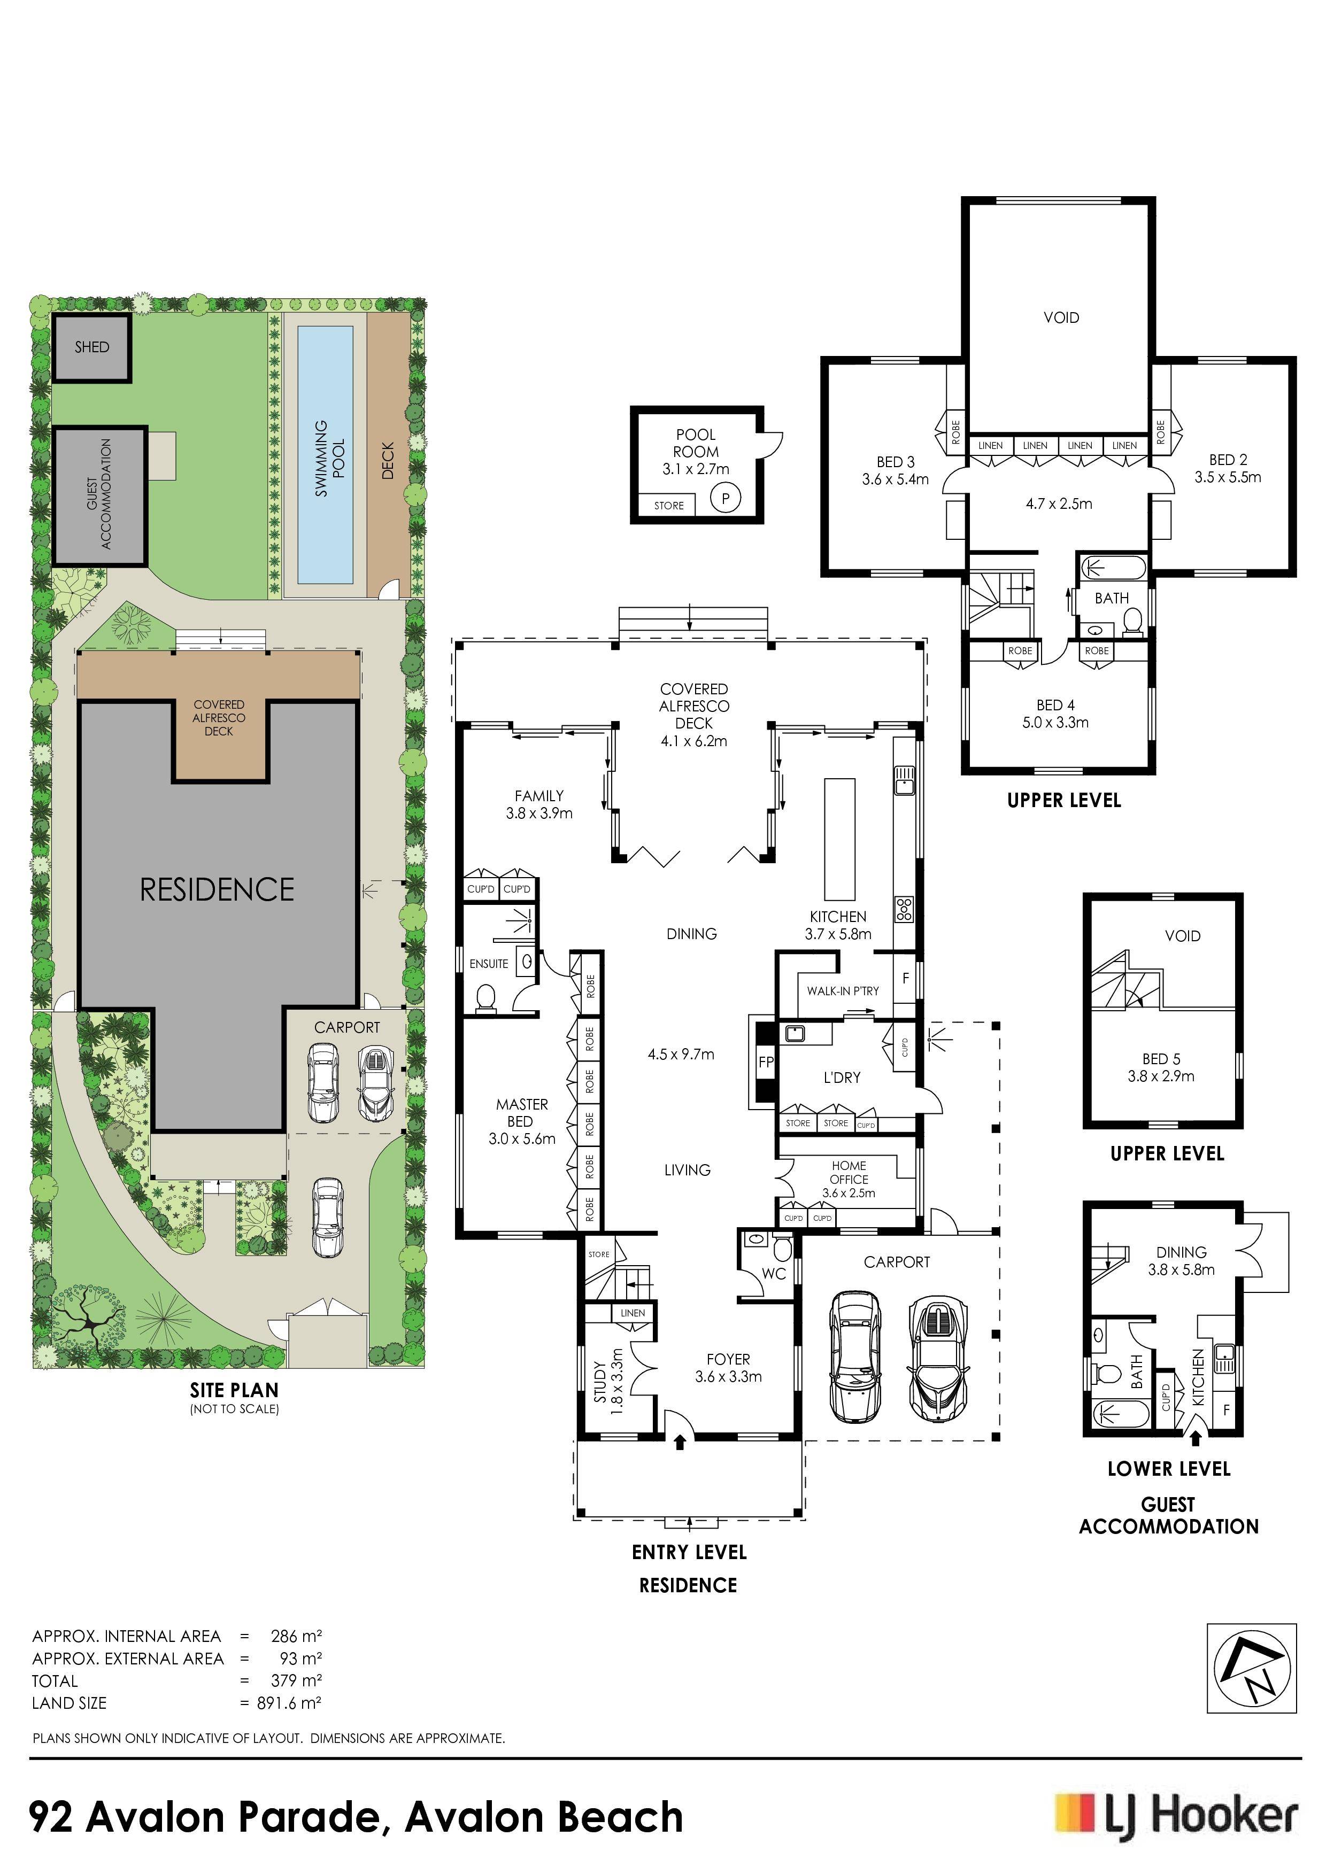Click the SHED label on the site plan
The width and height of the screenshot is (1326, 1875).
[91, 347]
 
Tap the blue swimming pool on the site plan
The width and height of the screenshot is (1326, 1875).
[325, 455]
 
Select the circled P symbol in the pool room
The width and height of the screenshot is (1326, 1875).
[724, 497]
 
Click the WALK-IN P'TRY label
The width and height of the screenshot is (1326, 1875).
[842, 990]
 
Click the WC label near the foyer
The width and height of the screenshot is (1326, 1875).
[773, 1273]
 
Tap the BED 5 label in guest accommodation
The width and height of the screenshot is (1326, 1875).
[1161, 1059]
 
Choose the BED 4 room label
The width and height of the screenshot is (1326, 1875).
[1055, 705]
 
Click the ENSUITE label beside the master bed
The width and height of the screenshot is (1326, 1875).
[489, 964]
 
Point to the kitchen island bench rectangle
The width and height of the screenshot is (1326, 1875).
[839, 838]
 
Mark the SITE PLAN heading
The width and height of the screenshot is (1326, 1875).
[235, 1390]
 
